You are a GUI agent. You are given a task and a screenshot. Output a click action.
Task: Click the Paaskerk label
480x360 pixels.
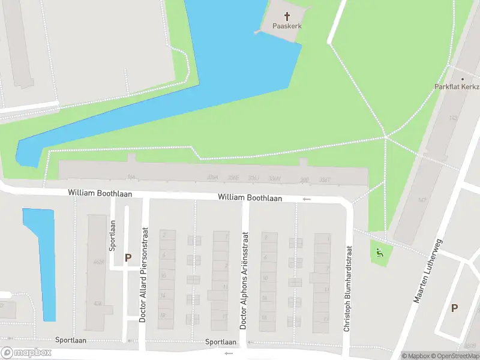pos(287,26)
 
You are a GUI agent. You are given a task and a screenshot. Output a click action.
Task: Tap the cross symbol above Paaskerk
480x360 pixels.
pos(287,16)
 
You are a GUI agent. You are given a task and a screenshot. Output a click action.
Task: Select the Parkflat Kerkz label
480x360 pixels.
pos(457,86)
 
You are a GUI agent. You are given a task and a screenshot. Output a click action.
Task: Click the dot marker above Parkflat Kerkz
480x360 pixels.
pos(463,79)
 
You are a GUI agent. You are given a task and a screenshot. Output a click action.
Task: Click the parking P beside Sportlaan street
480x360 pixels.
pos(128,257)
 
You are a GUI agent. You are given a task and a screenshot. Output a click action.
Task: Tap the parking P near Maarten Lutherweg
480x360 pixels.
pos(454,308)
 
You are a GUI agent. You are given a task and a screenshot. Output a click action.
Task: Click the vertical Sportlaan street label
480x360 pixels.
pos(112,235)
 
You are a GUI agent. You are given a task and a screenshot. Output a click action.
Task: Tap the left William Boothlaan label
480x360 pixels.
pos(100,193)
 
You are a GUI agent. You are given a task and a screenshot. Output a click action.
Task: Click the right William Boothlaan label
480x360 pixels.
pos(250,197)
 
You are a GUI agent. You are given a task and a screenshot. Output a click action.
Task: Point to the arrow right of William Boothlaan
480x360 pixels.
pos(307,199)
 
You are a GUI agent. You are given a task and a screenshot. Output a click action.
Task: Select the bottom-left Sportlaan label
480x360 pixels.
pos(71,340)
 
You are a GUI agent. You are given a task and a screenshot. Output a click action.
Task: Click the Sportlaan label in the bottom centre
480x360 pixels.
pos(221,342)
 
